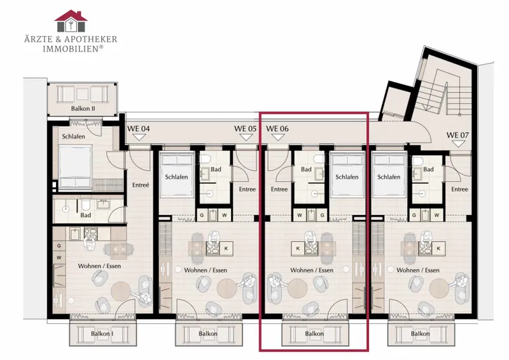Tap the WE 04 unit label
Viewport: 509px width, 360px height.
tap(138, 128)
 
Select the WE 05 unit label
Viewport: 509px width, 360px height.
tap(245, 128)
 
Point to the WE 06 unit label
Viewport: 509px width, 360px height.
tap(277, 128)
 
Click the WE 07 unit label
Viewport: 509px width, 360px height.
tap(457, 135)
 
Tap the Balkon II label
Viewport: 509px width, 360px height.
tap(83, 108)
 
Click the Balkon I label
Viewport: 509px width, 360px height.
tap(102, 333)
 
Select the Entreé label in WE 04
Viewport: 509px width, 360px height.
tap(141, 185)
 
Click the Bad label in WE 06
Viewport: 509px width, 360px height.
tap(306, 169)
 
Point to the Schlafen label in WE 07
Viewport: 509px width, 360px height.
tap(389, 177)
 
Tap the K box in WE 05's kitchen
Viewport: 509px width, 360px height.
tap(227, 248)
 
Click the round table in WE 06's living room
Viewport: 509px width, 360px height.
tap(297, 288)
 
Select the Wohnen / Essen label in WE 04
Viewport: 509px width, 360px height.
tap(99, 266)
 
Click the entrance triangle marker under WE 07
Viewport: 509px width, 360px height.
tap(457, 144)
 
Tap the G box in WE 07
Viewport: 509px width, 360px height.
tap(414, 215)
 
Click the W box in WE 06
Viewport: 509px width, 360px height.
tap(300, 215)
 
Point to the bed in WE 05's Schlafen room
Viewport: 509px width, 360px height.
tap(177, 175)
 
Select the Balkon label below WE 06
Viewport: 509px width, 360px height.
tap(314, 333)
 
